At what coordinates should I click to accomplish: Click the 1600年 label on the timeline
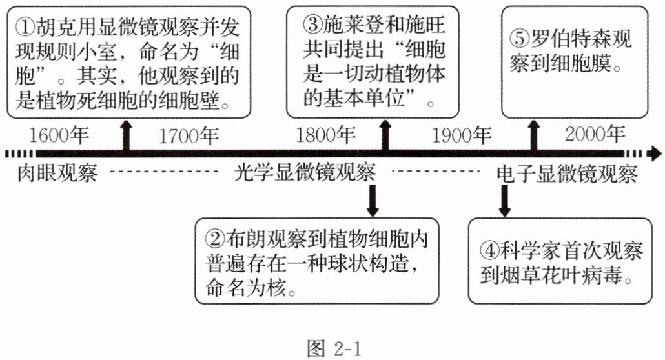click(x=59, y=136)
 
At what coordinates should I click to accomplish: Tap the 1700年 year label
click(x=189, y=136)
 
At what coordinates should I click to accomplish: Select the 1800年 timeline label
click(x=326, y=136)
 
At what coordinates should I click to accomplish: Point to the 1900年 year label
click(x=462, y=136)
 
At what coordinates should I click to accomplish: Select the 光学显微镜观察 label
click(x=305, y=174)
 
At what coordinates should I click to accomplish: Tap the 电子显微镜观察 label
click(x=566, y=174)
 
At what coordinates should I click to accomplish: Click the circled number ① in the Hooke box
click(x=25, y=26)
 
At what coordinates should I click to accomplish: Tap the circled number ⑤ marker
click(x=520, y=39)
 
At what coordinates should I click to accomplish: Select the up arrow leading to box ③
click(x=385, y=135)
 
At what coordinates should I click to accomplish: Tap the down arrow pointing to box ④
click(x=505, y=201)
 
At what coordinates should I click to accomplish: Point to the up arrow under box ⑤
click(x=533, y=135)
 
